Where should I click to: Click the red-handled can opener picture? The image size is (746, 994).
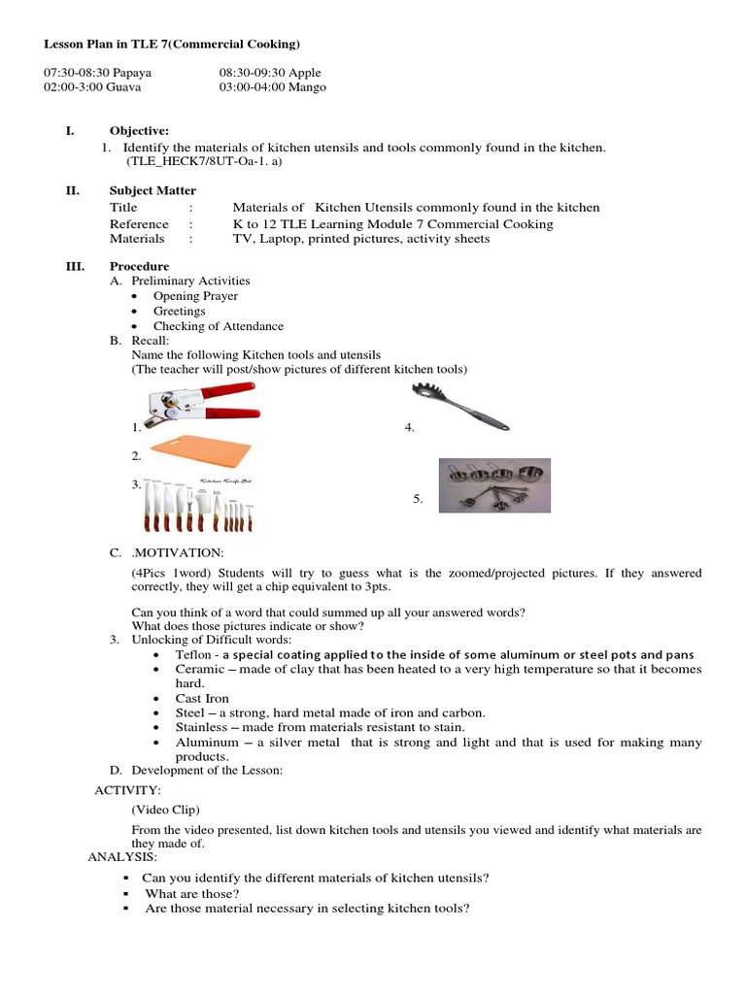point(199,405)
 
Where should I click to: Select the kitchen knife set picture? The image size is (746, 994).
point(199,505)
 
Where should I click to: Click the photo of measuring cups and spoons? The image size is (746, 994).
point(494,484)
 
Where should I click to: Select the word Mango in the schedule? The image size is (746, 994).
point(304,87)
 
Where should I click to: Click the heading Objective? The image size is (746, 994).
point(139,130)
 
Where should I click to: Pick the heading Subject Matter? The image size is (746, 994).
point(153,190)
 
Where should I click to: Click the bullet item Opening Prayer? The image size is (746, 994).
point(195,296)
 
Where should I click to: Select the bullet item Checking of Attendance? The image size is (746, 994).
point(218,326)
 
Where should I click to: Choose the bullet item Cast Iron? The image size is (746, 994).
point(203,698)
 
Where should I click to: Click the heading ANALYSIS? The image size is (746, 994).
point(121,858)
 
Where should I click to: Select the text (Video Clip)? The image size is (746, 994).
point(162,809)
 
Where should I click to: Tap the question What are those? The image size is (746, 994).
point(191,893)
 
